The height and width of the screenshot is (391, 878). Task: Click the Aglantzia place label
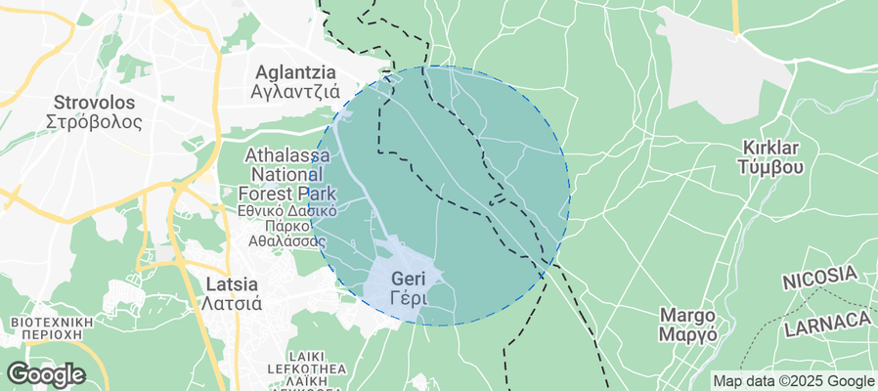click(294, 72)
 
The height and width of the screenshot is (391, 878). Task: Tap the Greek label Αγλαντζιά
click(294, 93)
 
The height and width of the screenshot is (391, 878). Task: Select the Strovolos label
click(94, 102)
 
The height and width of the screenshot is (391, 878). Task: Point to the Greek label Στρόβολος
click(94, 122)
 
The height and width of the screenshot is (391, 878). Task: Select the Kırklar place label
click(771, 148)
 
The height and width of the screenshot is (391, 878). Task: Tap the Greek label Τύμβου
click(771, 167)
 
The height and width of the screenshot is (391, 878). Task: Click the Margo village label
click(688, 315)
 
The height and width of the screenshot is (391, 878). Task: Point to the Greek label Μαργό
click(688, 334)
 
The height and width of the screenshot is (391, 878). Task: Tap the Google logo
click(45, 374)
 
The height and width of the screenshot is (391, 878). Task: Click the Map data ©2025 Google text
click(793, 381)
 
